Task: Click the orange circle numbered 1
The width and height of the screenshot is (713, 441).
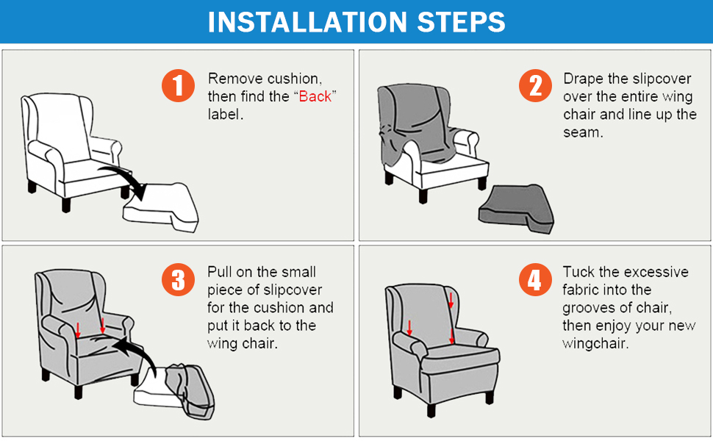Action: coord(177,86)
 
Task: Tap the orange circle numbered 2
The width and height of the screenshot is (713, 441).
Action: coord(534,86)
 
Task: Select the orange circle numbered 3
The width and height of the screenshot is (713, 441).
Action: coord(177,280)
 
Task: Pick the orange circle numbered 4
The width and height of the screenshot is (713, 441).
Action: coord(534,280)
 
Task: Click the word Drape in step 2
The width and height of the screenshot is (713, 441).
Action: coord(582,79)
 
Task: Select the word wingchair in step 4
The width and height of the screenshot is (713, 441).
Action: coord(595,343)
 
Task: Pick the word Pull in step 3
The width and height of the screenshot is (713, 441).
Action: coord(220,272)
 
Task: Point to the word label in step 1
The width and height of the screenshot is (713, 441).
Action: coord(225,115)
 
